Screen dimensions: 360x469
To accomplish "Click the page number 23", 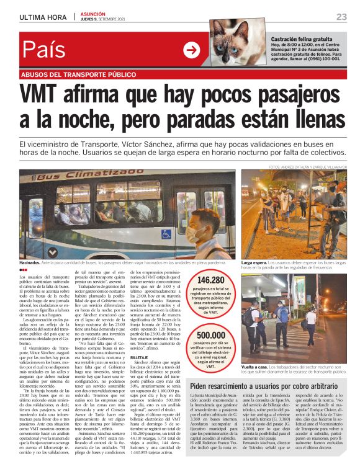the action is click(341, 17).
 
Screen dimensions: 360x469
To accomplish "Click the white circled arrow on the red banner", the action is click(192, 50).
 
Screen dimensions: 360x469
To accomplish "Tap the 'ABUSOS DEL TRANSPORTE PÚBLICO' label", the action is click(78, 74).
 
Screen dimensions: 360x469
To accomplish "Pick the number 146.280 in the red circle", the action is click(210, 280).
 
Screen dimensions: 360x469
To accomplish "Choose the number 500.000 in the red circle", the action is click(210, 334).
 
